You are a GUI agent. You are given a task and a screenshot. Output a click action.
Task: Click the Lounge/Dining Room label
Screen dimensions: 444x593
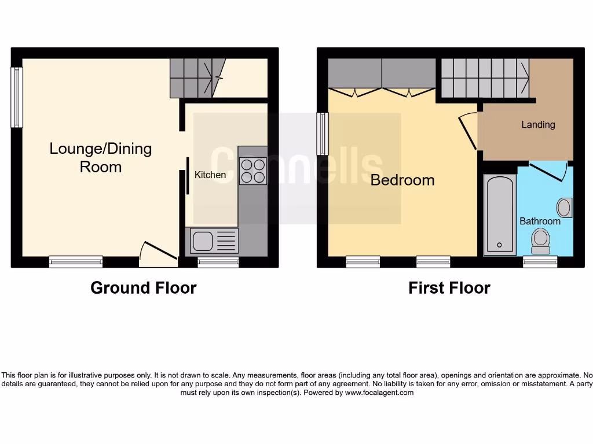(x=101, y=157)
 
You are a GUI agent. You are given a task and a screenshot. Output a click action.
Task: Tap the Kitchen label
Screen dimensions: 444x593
(x=210, y=175)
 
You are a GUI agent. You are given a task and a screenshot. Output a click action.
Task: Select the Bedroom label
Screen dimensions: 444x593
(x=402, y=180)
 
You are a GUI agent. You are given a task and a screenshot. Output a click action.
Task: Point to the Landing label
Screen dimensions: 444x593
(x=538, y=124)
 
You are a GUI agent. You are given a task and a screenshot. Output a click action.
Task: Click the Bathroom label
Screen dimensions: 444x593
(x=540, y=221)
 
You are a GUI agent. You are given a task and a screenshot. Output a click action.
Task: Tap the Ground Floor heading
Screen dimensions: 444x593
(x=144, y=288)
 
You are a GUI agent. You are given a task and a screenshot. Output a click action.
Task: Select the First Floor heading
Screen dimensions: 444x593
(x=449, y=288)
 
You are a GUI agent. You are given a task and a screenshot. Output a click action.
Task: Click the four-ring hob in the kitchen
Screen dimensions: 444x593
(x=252, y=171)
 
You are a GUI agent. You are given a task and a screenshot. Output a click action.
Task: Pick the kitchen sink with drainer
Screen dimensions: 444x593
(x=214, y=240)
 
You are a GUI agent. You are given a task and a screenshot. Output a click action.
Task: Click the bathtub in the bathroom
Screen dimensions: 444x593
(x=500, y=214)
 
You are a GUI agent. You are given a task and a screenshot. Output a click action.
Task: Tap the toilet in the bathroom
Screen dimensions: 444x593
(x=540, y=240)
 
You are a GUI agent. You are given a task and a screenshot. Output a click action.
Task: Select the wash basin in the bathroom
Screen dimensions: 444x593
(x=564, y=207)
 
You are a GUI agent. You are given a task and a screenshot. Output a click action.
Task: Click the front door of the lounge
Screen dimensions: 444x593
(x=158, y=253)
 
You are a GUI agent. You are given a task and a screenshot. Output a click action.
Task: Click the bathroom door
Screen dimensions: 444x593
(x=547, y=171)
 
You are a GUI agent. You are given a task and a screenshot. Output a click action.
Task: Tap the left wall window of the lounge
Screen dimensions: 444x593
(x=17, y=97)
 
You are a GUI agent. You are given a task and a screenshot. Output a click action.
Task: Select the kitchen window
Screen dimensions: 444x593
(x=218, y=262)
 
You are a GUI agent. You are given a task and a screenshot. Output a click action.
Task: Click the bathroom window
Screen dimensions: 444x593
(x=540, y=262)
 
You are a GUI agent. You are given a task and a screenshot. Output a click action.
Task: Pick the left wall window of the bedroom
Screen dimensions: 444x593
(x=323, y=134)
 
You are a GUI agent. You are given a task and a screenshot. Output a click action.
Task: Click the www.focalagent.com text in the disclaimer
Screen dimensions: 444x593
(x=379, y=393)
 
